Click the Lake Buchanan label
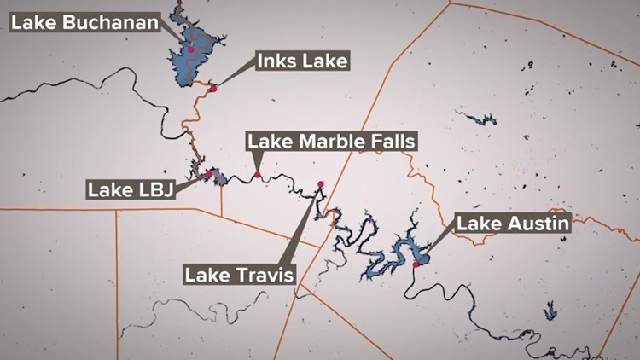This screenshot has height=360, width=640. [x=85, y=22]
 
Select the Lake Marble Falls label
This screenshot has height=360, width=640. [x=332, y=142]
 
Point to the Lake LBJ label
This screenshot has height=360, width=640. [x=131, y=189]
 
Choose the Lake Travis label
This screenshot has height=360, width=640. [x=240, y=275]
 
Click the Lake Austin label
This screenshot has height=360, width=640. [x=513, y=224]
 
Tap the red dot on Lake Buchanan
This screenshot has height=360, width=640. [x=191, y=49]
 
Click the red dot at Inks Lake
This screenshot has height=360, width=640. [x=213, y=88]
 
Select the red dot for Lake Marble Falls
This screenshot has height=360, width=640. [x=257, y=175]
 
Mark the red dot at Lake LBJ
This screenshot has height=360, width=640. [x=208, y=173]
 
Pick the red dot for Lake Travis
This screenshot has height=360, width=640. [x=321, y=184]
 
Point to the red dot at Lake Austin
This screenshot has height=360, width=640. [x=416, y=264]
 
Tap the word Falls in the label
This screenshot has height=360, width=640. [x=388, y=142]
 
